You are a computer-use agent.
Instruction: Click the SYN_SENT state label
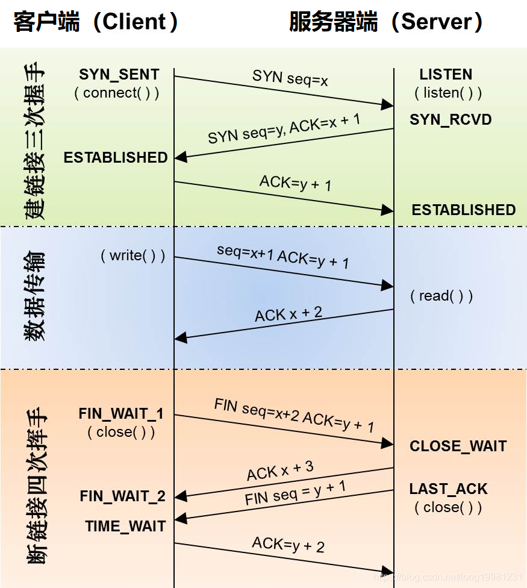pyautogui.click(x=119, y=75)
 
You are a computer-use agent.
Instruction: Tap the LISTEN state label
pyautogui.click(x=446, y=75)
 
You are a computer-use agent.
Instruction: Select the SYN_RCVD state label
pyautogui.click(x=451, y=119)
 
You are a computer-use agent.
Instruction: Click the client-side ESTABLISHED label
pyautogui.click(x=116, y=157)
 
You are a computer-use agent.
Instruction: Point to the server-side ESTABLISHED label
pyautogui.click(x=463, y=210)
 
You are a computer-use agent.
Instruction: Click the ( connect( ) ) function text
pyautogui.click(x=117, y=93)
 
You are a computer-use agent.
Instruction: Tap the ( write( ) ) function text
pyautogui.click(x=133, y=255)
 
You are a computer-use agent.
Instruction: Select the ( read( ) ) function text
pyautogui.click(x=441, y=296)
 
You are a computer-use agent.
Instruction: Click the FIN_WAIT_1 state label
pyautogui.click(x=121, y=414)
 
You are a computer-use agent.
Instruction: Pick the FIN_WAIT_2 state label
pyautogui.click(x=122, y=496)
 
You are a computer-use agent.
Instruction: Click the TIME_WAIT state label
pyautogui.click(x=125, y=526)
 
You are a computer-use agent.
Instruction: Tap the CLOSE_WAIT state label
pyautogui.click(x=458, y=446)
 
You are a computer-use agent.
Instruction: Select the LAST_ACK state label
pyautogui.click(x=448, y=489)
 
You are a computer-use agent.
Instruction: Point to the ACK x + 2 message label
pyautogui.click(x=288, y=314)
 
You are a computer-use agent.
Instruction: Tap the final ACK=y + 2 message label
pyautogui.click(x=288, y=545)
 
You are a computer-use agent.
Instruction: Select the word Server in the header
pyautogui.click(x=437, y=22)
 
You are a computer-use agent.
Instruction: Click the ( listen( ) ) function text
pyautogui.click(x=448, y=93)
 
